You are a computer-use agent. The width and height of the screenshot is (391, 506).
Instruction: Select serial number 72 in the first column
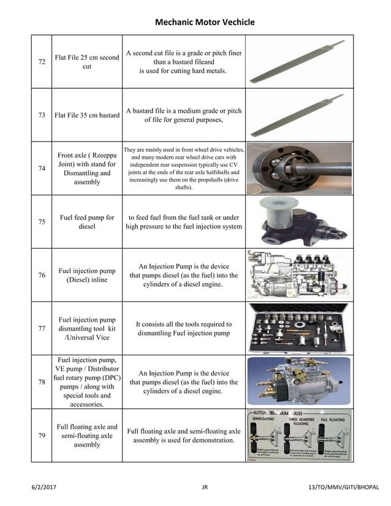pos(42,62)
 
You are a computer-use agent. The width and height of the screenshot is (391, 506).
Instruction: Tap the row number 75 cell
pos(42,222)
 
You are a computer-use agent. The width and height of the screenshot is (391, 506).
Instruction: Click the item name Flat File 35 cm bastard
pos(87,115)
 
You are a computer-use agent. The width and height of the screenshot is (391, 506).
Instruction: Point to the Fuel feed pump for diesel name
pos(87,222)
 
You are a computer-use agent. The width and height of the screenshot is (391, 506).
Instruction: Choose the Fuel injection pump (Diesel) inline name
pos(87,275)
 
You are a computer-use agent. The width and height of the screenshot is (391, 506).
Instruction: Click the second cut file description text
pos(183,62)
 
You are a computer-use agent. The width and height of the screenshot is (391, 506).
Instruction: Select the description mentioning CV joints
pos(183,168)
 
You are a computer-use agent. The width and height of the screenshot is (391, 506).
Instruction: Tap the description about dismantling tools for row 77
pos(183,328)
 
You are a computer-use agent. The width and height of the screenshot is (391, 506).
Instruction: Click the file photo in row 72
pos(299,62)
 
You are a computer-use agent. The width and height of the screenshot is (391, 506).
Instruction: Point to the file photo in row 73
pos(299,115)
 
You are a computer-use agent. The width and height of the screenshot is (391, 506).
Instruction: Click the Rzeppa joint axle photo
pos(299,168)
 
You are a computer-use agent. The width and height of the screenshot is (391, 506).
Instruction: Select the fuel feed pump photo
pos(299,222)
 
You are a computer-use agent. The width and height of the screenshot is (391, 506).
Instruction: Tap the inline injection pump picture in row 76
pos(299,275)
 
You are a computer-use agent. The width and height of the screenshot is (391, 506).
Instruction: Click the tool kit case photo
pos(299,328)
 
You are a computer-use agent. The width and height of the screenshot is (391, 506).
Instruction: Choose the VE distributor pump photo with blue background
pos(299,382)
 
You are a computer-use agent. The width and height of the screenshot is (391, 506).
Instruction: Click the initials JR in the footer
pos(205,487)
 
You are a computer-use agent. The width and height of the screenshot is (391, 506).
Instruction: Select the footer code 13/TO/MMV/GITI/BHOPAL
pos(344,487)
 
